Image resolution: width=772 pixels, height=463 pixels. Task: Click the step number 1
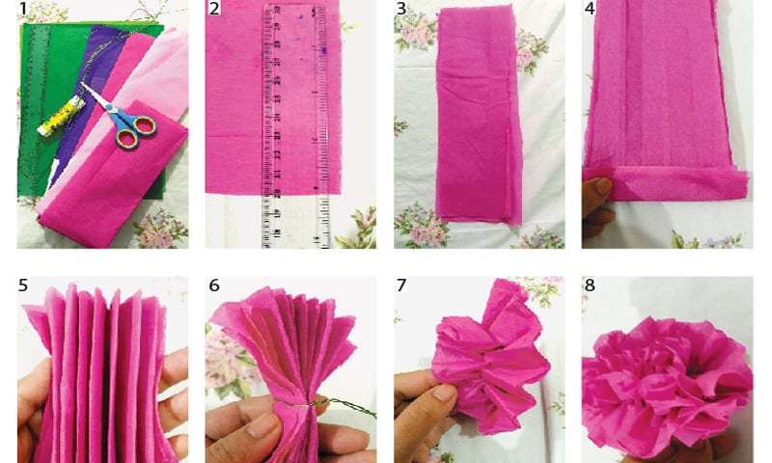click(23, 10)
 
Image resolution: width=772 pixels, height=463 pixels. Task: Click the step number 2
click(214, 10)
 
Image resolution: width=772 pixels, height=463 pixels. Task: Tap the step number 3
click(401, 10)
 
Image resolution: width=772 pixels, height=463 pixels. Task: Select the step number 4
click(590, 10)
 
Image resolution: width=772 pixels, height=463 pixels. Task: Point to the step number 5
click(23, 286)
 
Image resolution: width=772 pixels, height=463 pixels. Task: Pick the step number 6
click(214, 286)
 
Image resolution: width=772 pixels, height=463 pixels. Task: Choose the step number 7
click(401, 286)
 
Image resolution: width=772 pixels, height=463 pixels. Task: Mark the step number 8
click(590, 286)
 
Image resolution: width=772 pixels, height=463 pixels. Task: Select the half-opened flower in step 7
click(487, 362)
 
